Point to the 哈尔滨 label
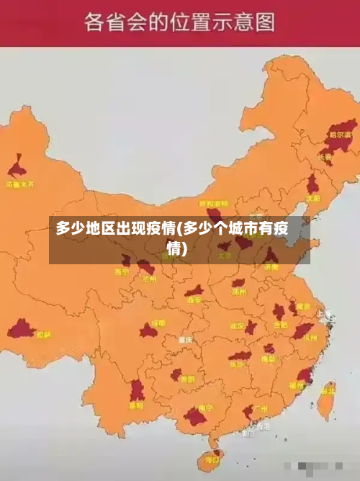(342, 135)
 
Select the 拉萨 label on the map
(44, 334)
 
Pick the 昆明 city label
(136, 405)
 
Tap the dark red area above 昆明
(137, 390)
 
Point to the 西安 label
(194, 300)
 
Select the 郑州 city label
(239, 292)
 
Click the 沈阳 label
(312, 198)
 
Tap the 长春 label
(325, 157)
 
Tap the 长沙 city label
(237, 364)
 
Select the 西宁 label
(122, 272)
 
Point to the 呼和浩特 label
(213, 204)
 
